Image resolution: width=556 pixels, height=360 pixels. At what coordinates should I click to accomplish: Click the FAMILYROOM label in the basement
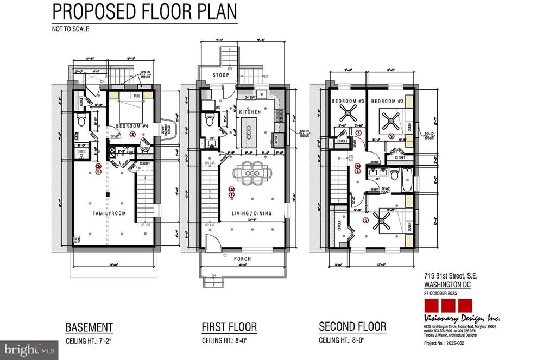pos(108,214)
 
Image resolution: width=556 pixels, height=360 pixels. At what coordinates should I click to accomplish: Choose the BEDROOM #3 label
pos(347,102)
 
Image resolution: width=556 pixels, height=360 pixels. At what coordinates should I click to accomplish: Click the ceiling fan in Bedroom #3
pos(347,116)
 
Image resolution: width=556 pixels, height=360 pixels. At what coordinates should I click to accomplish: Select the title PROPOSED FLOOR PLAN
pos(146,12)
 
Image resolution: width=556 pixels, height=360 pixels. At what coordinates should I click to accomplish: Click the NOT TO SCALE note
pos(71,29)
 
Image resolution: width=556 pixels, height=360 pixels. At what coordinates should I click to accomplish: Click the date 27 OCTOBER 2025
pos(441,293)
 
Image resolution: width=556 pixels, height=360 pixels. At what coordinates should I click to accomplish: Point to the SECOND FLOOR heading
pos(352,327)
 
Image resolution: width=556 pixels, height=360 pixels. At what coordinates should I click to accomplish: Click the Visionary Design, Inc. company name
pos(462,318)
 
